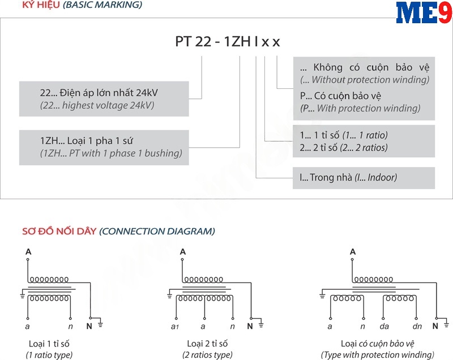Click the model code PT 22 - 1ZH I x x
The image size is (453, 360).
tap(226, 42)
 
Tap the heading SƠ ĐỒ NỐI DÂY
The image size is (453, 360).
tap(59, 231)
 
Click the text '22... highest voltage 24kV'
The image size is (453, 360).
tap(97, 105)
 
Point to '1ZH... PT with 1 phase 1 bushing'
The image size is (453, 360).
tap(111, 153)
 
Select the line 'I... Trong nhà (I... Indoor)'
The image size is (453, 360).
tap(348, 177)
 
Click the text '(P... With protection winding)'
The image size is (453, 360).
tap(360, 108)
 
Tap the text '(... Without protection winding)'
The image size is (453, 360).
tap(365, 80)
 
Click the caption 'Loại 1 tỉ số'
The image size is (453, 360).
tap(49, 344)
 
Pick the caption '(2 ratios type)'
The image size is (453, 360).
tap(207, 355)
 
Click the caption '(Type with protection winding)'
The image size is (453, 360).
tap(377, 355)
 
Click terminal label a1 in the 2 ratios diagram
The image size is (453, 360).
tap(174, 327)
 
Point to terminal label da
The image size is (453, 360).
tap(384, 327)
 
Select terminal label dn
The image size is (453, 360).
tap(417, 327)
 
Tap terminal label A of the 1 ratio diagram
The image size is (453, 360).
tap(28, 251)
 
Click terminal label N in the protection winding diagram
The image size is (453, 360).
tap(435, 326)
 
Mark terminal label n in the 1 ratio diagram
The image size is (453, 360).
tap(70, 327)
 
